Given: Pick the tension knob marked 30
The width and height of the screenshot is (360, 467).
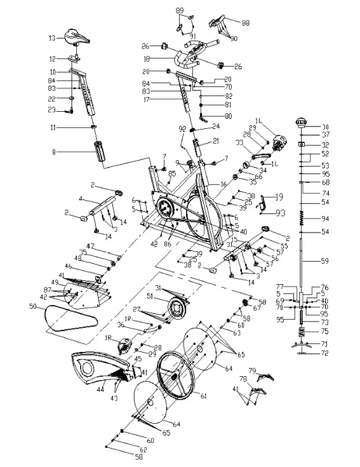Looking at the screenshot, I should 302,123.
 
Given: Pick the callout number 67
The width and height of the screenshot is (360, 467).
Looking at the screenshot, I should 257,308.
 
